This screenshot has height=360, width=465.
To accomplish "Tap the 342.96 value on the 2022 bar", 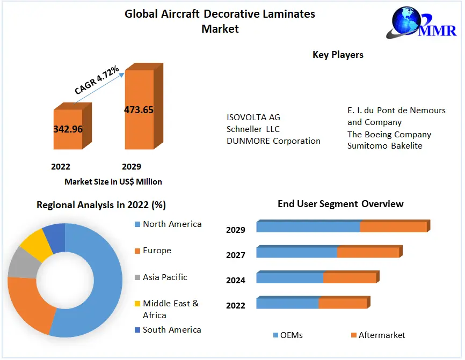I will pyautogui.click(x=68, y=129).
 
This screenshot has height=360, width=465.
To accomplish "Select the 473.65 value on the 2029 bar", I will pyautogui.click(x=139, y=110).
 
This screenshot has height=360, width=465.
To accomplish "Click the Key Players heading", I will pyautogui.click(x=338, y=55).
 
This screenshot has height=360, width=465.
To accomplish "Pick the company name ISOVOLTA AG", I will pyautogui.click(x=253, y=117).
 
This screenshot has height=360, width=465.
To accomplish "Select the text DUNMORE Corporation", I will pyautogui.click(x=273, y=141).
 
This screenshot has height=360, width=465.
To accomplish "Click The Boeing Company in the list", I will pyautogui.click(x=389, y=134).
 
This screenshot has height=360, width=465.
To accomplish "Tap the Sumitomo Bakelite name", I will pyautogui.click(x=385, y=146).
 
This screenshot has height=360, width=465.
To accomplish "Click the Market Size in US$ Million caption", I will pyautogui.click(x=113, y=182).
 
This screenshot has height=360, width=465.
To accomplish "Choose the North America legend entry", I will pyautogui.click(x=172, y=224).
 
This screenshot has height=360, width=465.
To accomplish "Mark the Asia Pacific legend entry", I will pyautogui.click(x=165, y=277).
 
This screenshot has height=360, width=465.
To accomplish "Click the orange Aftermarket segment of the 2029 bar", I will pyautogui.click(x=393, y=227).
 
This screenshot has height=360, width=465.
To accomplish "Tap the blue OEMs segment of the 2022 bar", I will pyautogui.click(x=287, y=304).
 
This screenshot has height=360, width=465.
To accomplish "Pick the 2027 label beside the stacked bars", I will pyautogui.click(x=236, y=255).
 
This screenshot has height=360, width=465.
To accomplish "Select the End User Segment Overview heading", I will pyautogui.click(x=340, y=204).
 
